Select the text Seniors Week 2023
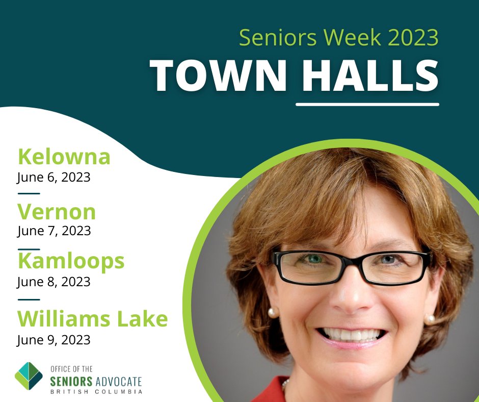pyautogui.click(x=338, y=38)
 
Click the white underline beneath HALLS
pyautogui.click(x=367, y=104)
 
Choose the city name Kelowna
pyautogui.click(x=64, y=157)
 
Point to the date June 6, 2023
pyautogui.click(x=54, y=178)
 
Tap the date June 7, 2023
pyautogui.click(x=54, y=231)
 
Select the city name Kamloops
pyautogui.click(x=71, y=261)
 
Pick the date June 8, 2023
pyautogui.click(x=54, y=282)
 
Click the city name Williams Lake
pyautogui.click(x=92, y=319)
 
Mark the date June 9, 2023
pyautogui.click(x=54, y=340)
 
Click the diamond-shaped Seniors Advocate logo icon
pyautogui.click(x=29, y=376)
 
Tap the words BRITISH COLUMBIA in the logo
pyautogui.click(x=96, y=391)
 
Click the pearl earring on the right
pyautogui.click(x=430, y=319)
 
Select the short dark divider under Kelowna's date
pyautogui.click(x=29, y=194)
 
